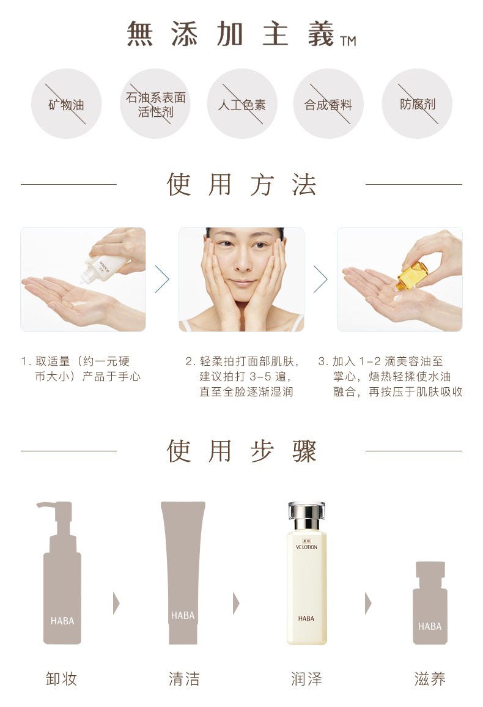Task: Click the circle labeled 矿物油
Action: click(x=66, y=104)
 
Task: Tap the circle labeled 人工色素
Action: click(x=242, y=104)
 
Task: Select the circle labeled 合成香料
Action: click(x=328, y=104)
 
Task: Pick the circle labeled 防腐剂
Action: click(x=417, y=104)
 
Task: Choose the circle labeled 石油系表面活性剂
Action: click(x=155, y=104)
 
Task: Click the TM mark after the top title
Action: click(x=348, y=42)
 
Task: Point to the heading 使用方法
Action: click(x=242, y=185)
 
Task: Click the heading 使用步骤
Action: click(x=242, y=451)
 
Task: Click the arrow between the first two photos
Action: click(x=162, y=279)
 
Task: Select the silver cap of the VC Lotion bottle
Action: click(x=306, y=515)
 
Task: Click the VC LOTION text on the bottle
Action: click(x=306, y=547)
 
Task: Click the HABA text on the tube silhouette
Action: click(x=183, y=615)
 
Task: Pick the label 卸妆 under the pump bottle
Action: click(x=62, y=679)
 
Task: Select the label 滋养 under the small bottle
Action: click(x=430, y=679)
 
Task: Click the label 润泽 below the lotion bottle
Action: click(x=306, y=679)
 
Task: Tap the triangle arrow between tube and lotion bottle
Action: click(x=236, y=603)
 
